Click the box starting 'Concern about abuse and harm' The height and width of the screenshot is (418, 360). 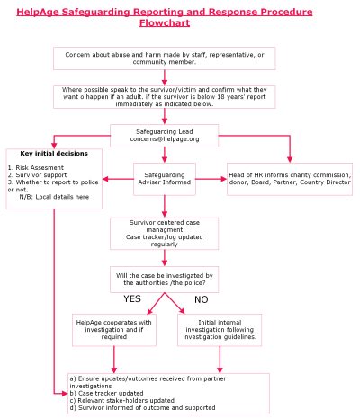point(164,58)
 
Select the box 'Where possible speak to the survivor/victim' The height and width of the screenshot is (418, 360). point(164,95)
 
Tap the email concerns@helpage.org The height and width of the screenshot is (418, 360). point(164,139)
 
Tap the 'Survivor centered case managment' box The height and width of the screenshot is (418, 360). point(164,231)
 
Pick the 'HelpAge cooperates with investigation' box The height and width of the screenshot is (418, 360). point(114,329)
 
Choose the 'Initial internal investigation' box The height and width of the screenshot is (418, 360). point(220,329)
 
